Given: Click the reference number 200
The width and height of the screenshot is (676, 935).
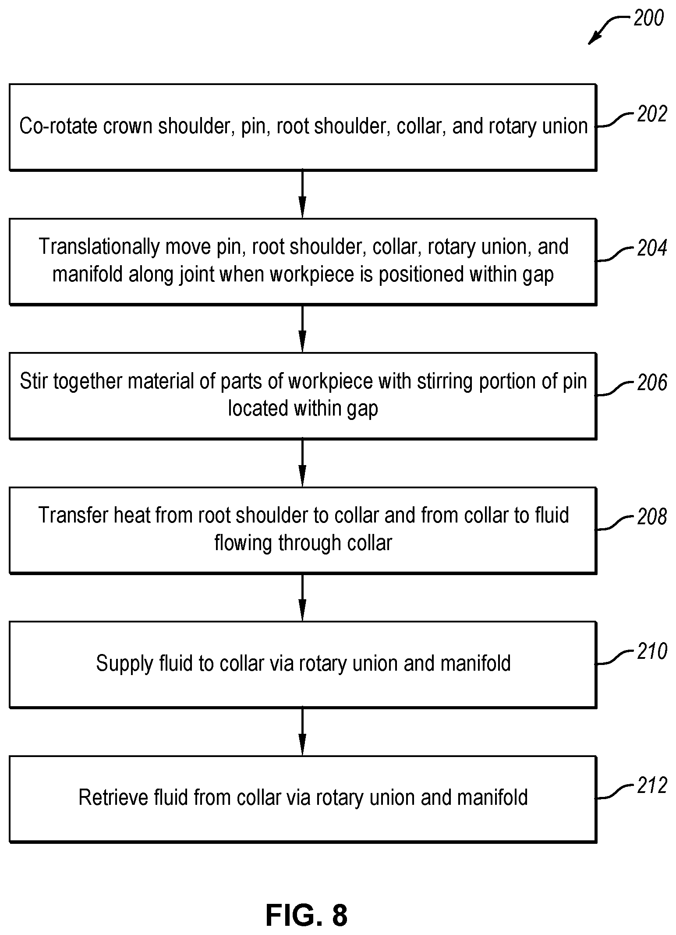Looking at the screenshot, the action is point(648,18).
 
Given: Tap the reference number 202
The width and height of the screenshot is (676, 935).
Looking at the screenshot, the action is point(652,114).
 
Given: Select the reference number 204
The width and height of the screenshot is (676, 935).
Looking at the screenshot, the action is point(652,248).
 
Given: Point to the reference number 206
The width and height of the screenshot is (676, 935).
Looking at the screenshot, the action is point(652,383).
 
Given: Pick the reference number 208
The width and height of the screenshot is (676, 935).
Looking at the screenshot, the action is point(652,517).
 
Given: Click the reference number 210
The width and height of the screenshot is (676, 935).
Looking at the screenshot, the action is point(652,651).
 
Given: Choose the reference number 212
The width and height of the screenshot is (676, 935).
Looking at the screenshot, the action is point(652,786).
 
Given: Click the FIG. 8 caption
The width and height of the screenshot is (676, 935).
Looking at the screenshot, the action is point(307,915).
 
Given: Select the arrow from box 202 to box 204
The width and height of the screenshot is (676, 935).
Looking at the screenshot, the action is point(302,194).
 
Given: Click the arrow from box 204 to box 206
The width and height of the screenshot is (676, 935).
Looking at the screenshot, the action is point(302,328).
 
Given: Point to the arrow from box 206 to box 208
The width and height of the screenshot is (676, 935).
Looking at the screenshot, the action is point(302,463).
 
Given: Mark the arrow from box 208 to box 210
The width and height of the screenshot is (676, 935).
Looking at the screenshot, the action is point(302,597).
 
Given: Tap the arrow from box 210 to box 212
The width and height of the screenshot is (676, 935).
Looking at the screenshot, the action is point(302,732).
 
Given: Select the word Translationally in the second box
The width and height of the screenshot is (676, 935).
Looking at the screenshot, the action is point(99,247).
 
